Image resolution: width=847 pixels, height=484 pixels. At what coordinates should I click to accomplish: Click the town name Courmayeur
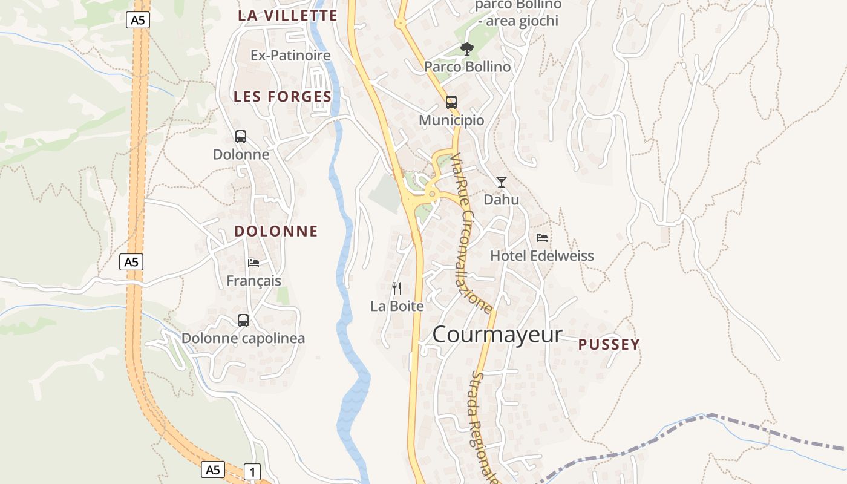497,335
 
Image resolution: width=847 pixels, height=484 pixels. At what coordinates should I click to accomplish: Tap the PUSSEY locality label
609,345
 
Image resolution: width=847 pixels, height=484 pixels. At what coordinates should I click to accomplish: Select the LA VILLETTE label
287,16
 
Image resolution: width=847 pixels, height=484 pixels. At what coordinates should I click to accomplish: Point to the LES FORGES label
283,97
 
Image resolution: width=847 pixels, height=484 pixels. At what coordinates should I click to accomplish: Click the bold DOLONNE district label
276,231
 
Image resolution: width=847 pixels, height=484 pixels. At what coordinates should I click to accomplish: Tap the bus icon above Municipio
451,102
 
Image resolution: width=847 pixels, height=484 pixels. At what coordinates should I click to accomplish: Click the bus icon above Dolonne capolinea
243,321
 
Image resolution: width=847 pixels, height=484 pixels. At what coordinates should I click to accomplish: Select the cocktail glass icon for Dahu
502,181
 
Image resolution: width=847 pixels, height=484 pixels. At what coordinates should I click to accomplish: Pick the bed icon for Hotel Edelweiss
542,238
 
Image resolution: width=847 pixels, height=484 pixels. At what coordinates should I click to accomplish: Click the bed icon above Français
253,263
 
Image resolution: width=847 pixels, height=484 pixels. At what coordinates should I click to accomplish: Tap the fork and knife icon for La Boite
397,288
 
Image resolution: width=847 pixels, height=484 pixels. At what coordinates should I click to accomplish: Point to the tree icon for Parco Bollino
467,48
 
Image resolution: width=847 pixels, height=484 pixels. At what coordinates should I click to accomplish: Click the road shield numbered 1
252,471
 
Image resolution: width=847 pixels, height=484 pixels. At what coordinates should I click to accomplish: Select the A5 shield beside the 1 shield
213,469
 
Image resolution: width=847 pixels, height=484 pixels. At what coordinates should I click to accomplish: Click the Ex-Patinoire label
290,56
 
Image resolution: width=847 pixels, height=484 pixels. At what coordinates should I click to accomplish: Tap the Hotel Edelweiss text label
541,256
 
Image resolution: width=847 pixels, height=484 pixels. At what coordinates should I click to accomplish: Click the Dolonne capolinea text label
243,338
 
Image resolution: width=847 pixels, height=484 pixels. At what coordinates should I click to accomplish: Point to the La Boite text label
397,306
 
